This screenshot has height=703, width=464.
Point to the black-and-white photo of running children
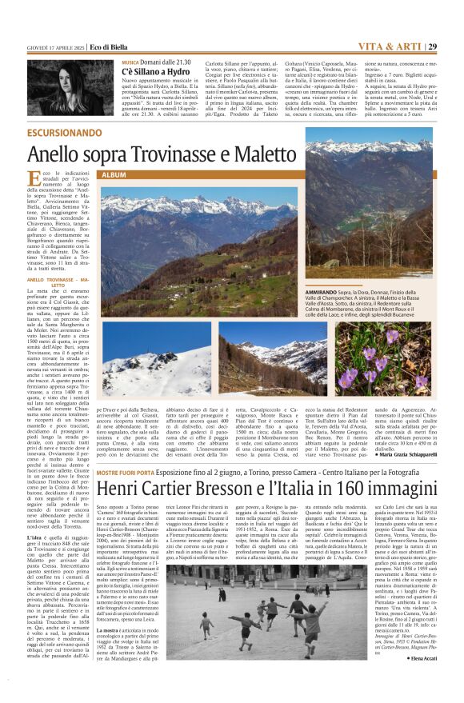coord(234,632)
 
